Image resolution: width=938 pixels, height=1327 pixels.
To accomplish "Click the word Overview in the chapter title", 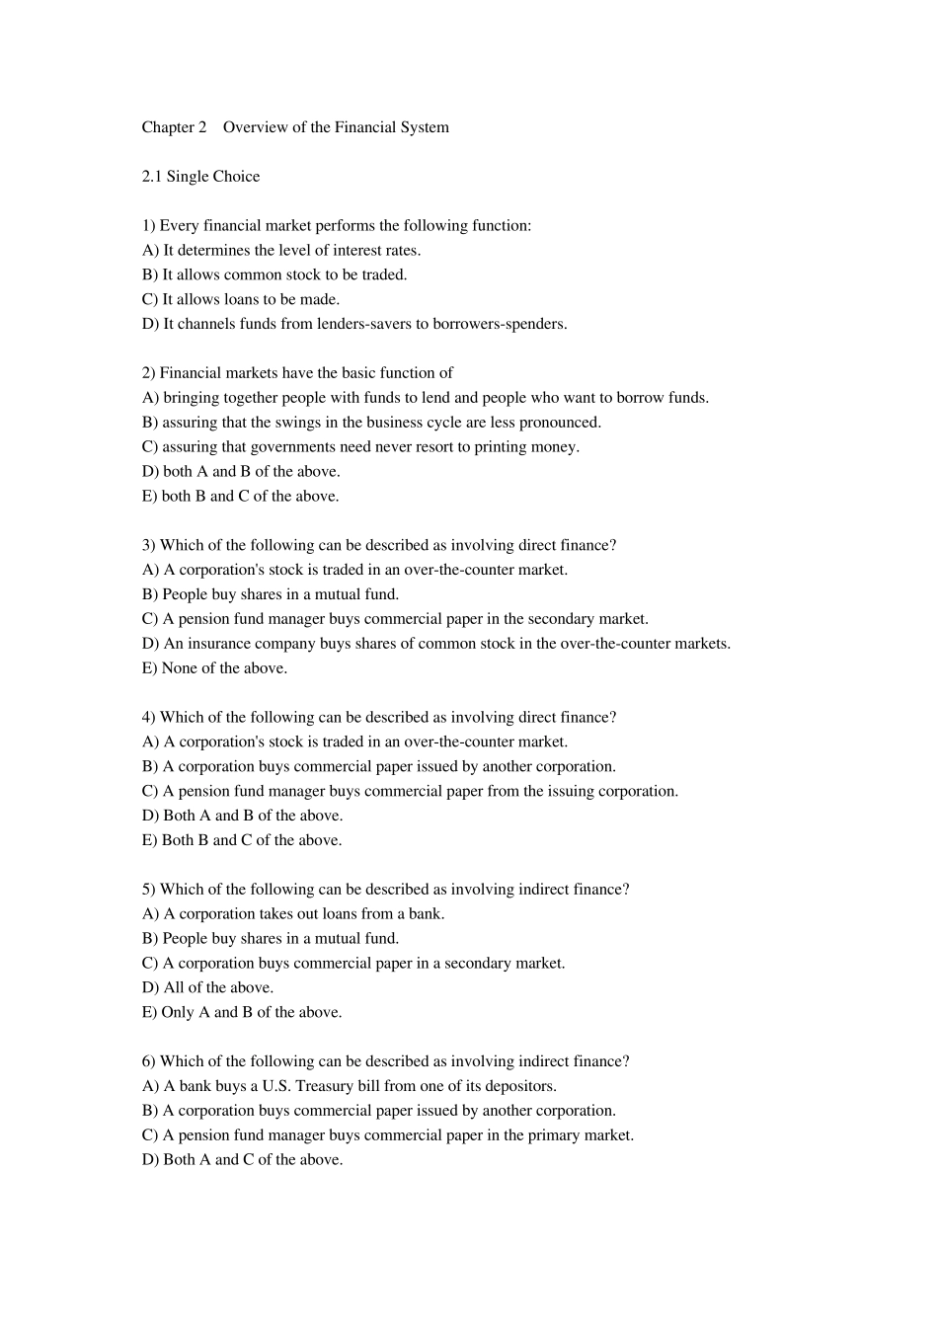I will pos(256,127).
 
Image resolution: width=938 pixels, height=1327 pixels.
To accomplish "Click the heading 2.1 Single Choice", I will pos(200,177).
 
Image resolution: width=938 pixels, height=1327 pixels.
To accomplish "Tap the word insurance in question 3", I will pos(222,644).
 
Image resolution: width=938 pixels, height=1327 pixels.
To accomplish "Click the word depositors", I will pos(522,1086).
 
